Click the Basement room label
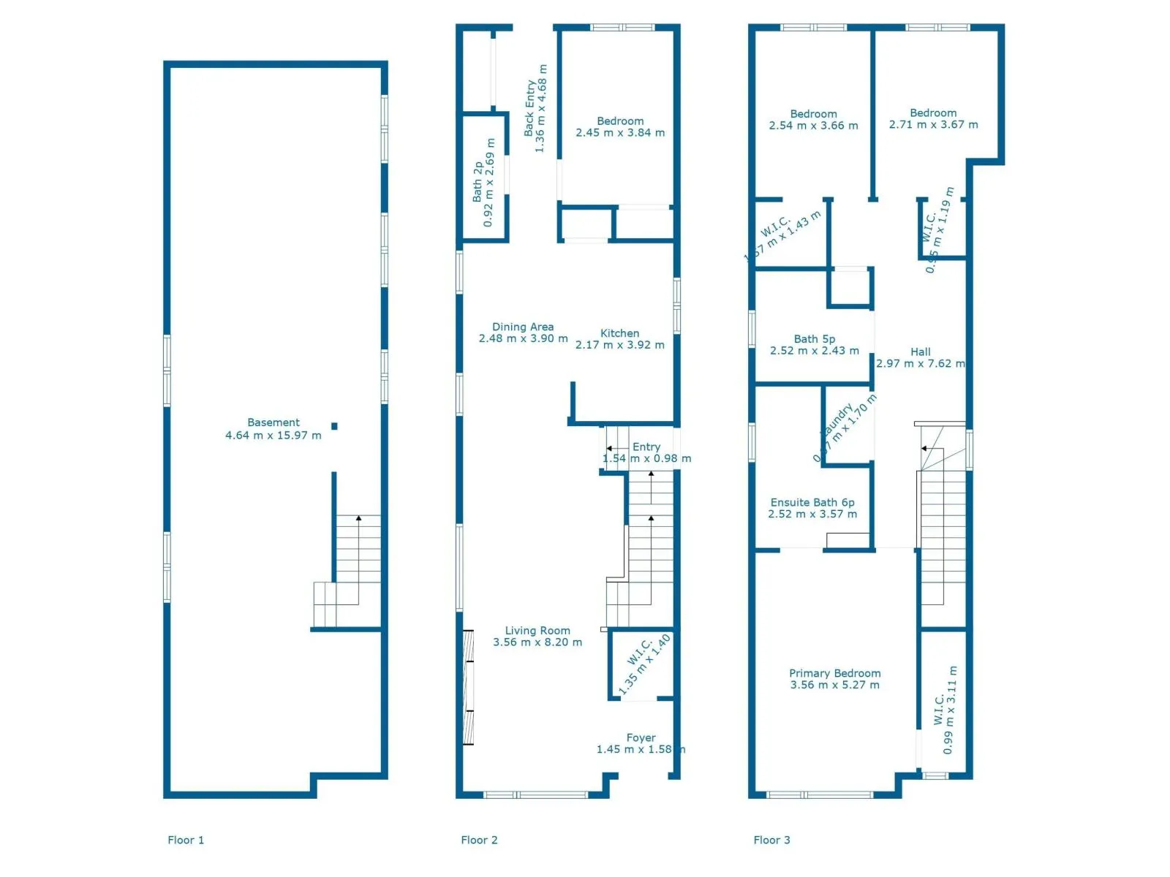pos(273,422)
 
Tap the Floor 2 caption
pos(479,840)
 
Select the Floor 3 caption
pos(771,840)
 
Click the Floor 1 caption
pos(186,840)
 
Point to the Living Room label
pos(537,631)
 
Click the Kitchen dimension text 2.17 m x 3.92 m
pos(619,345)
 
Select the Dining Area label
pos(523,327)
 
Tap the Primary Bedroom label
pos(834,673)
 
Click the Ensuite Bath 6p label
pos(812,502)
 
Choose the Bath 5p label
pos(815,339)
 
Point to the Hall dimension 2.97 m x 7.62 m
pos(920,363)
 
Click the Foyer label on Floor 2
pos(641,738)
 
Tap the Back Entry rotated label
pos(530,108)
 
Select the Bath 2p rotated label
pos(478,182)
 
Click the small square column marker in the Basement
pos(334,426)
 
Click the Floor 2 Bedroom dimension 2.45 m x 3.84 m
pos(620,133)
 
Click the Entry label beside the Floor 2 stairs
pos(646,447)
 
